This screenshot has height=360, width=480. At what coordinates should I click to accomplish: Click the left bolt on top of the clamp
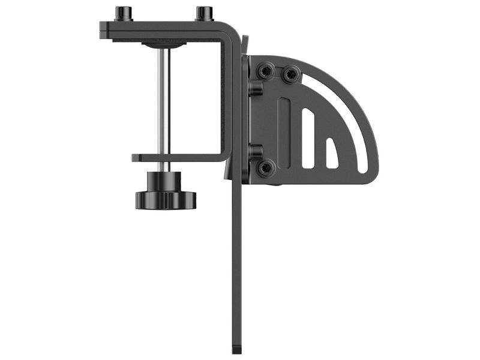coord(124,13)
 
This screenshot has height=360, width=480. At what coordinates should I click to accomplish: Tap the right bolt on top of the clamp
coord(204,13)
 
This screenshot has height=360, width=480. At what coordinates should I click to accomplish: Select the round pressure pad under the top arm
coord(163,44)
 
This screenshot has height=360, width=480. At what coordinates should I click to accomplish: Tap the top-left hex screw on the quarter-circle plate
coord(266,71)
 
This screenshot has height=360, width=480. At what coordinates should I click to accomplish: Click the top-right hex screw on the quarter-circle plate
coord(291,74)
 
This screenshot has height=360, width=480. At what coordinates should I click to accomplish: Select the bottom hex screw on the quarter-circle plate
coord(266,167)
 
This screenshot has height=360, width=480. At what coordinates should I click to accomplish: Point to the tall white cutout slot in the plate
coord(308,138)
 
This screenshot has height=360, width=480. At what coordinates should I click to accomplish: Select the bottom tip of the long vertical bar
coord(236,350)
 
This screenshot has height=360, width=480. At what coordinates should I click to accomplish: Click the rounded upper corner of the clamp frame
coord(230,31)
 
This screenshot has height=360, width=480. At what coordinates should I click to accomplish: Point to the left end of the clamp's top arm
coord(104,30)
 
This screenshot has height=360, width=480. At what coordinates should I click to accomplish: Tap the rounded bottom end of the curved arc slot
coord(363,169)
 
